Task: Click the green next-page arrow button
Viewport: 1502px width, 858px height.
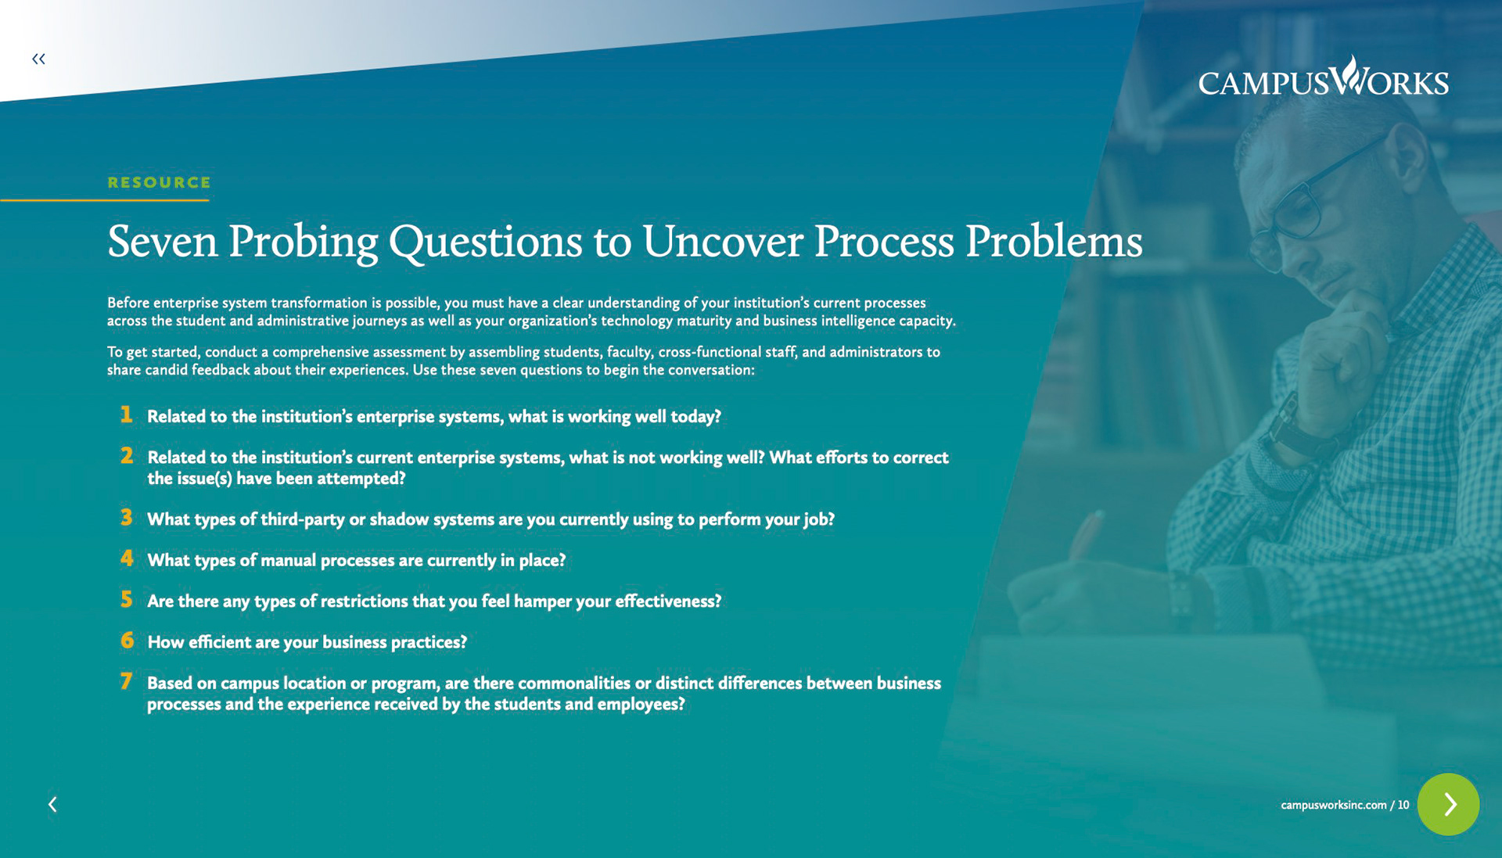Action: click(1448, 804)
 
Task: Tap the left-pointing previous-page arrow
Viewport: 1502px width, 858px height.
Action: click(52, 804)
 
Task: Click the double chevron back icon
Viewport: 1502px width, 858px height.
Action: click(38, 59)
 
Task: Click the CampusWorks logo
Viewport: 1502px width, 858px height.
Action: click(1323, 77)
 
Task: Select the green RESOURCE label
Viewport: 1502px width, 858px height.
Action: click(160, 182)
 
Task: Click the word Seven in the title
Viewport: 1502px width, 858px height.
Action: click(163, 241)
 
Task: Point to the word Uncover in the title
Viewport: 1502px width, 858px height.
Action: click(723, 241)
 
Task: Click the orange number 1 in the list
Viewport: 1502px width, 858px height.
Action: click(126, 415)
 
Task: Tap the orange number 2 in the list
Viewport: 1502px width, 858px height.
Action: click(127, 455)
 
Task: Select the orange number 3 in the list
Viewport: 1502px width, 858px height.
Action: click(127, 517)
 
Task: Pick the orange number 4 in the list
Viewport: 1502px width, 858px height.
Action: click(127, 558)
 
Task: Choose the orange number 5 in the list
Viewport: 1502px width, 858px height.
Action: click(127, 599)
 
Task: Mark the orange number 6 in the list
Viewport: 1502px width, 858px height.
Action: click(127, 640)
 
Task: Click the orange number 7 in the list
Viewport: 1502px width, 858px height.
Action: click(126, 681)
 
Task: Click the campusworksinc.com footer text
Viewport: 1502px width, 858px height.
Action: click(1334, 805)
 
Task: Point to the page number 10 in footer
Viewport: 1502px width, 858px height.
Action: click(1403, 805)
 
